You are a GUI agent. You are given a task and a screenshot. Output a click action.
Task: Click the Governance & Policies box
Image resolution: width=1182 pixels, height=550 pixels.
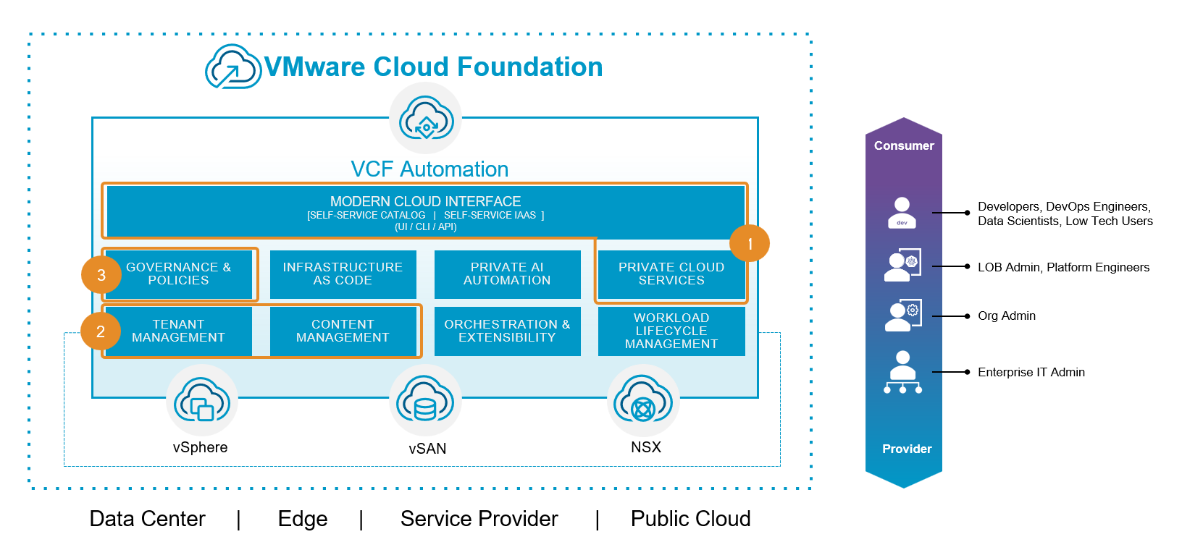pos(179,274)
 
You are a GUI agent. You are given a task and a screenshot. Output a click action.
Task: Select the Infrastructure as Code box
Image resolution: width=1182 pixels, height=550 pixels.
pos(343,274)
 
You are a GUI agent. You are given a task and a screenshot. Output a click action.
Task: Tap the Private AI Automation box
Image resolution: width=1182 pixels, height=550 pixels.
pos(507,274)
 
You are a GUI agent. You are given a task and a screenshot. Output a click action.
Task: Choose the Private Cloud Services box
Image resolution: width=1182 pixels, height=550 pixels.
pos(671,274)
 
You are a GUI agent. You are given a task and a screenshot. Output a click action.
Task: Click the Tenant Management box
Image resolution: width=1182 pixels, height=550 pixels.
pos(178,331)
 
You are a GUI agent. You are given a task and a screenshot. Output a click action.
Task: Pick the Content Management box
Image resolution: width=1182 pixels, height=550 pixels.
pos(343,331)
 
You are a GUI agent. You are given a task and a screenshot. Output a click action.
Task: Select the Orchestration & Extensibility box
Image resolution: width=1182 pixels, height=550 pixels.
pos(507,331)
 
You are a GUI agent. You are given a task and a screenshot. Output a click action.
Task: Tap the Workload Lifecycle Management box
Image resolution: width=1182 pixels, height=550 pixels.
pos(671,331)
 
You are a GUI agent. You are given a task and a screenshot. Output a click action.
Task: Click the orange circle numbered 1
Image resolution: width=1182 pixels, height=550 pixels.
pos(750,244)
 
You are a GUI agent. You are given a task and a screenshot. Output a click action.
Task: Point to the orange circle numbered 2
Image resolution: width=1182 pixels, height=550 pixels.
pos(101,331)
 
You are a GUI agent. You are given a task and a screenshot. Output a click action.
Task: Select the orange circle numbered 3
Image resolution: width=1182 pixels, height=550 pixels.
pos(101,275)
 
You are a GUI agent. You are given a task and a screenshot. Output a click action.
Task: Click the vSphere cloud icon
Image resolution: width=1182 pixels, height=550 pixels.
pos(202,400)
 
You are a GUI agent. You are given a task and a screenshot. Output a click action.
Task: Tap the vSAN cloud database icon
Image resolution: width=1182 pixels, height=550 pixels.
pos(425,400)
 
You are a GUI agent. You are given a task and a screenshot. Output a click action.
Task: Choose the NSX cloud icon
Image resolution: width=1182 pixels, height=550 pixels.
pos(643,400)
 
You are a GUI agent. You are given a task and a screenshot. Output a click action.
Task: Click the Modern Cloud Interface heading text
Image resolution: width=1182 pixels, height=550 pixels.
pos(425,201)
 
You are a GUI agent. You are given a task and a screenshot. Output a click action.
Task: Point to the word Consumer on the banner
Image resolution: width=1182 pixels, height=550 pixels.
pos(904,145)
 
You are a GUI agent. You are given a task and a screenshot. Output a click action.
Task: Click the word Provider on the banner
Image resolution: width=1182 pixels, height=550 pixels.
pos(907,449)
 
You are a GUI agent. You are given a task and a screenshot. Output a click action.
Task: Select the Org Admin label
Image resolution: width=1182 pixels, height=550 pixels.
pos(1006,316)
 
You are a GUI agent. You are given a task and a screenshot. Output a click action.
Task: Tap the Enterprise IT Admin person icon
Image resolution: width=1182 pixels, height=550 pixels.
pos(902,372)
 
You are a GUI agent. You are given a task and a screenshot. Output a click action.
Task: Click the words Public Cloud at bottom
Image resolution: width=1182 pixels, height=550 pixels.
pos(690,519)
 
